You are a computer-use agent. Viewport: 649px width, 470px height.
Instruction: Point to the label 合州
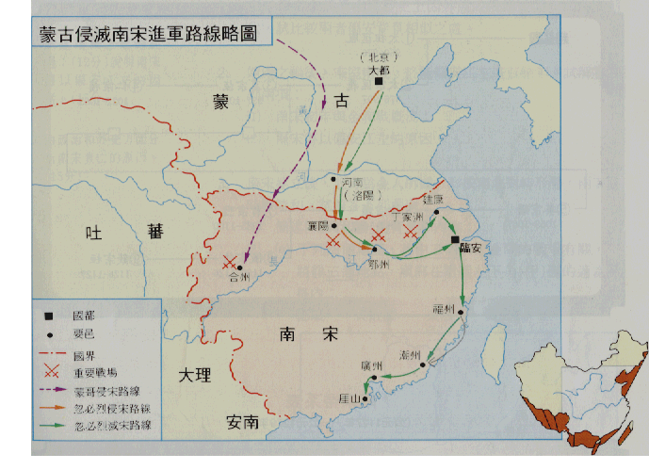[240, 278]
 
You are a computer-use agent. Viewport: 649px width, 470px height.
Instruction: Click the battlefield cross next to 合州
[229, 263]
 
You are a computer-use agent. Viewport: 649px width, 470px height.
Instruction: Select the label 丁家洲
[412, 217]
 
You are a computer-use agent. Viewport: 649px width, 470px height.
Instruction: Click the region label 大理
[196, 375]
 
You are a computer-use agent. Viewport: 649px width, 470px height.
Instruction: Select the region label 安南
[243, 423]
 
